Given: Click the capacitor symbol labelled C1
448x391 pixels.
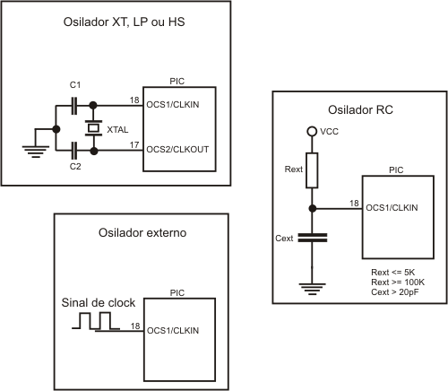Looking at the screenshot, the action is coord(74,106).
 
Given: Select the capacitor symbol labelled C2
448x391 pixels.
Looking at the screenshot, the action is coord(74,151).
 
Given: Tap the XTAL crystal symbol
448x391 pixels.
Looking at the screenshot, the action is coord(93,128).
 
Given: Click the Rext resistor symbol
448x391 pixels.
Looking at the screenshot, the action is coord(312,170).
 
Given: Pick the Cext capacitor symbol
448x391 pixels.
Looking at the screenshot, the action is coord(313,238).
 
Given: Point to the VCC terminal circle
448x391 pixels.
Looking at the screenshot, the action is coord(312,131).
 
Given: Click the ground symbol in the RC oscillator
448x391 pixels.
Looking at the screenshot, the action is coord(313,289).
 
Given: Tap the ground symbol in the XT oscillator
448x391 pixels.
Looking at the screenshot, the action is coord(36,152).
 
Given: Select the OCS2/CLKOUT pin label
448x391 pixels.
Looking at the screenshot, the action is coord(177,150).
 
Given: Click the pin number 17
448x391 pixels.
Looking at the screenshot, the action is coord(134,145).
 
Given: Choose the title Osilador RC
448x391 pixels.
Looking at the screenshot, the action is coord(360,110).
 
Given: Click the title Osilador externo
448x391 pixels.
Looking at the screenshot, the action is coord(142,232).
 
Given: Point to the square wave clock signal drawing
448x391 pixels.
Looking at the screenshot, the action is coord(96,321).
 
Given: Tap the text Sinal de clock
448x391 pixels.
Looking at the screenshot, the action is coord(99,303).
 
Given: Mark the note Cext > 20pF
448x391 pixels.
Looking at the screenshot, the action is coord(395,292).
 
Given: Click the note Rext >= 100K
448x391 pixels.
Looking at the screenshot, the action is coord(398,282).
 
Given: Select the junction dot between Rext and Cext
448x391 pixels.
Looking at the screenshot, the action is coord(313,208).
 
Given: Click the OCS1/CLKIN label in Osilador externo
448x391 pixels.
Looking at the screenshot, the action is coord(173,331).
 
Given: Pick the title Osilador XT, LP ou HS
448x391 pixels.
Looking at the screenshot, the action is coord(124,22).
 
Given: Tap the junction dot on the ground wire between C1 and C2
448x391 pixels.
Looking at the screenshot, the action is coord(56,129).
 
